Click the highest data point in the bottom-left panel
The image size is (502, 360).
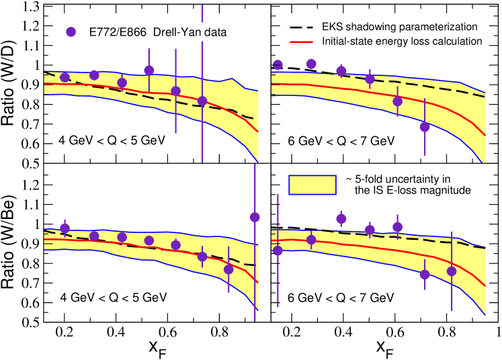[255, 217]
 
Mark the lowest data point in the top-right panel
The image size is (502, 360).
[424, 126]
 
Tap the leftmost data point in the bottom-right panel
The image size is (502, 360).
[278, 251]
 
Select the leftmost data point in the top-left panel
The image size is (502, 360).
[65, 77]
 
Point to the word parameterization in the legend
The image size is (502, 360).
[436, 28]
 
